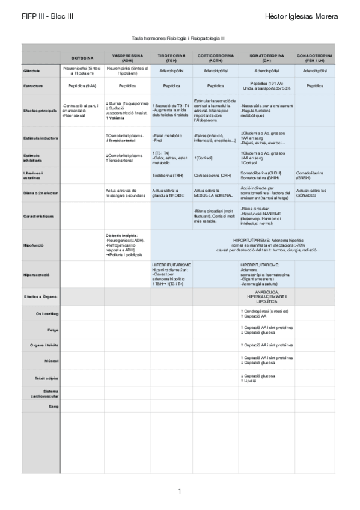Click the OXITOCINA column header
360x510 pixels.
click(82, 57)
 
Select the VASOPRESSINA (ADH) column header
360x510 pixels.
click(127, 57)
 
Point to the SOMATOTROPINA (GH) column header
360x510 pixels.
click(266, 57)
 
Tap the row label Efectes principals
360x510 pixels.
click(41, 110)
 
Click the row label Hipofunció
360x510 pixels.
click(32, 246)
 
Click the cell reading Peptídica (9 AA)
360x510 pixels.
click(82, 86)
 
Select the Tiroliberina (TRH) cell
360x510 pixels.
click(168, 175)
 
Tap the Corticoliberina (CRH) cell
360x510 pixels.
click(213, 175)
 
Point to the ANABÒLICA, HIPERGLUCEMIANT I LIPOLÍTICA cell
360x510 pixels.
click(266, 296)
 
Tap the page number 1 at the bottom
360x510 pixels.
click(180, 491)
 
